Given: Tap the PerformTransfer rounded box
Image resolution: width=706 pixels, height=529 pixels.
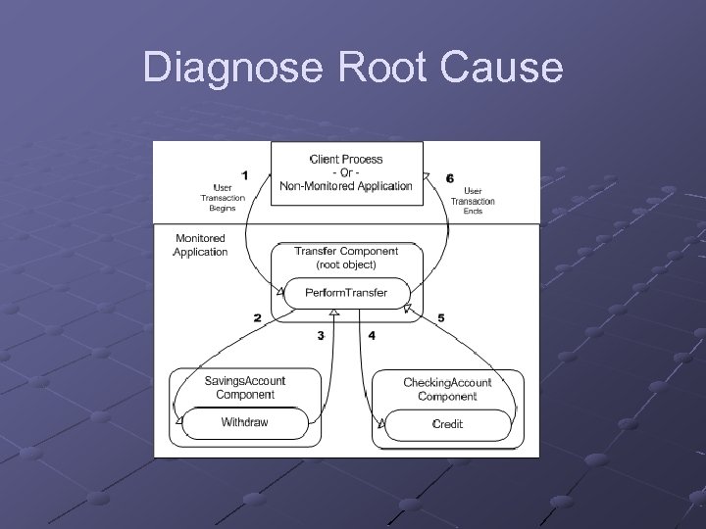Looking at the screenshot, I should pyautogui.click(x=345, y=293).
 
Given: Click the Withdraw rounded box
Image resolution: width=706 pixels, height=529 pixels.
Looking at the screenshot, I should pyautogui.click(x=244, y=423).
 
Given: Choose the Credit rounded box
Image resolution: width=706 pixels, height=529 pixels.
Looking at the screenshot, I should pyautogui.click(x=447, y=424).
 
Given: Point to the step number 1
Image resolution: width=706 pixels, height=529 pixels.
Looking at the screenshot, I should pyautogui.click(x=244, y=175).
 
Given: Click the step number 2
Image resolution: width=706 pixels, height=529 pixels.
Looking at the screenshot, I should pyautogui.click(x=257, y=318).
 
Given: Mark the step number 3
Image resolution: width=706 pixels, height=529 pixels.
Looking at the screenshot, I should pyautogui.click(x=320, y=336).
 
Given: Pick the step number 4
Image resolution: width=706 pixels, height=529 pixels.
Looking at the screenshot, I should pyautogui.click(x=371, y=336).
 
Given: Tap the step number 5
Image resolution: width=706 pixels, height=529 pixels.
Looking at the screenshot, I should pyautogui.click(x=440, y=318).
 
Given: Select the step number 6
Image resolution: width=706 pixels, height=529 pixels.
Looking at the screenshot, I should pyautogui.click(x=449, y=178).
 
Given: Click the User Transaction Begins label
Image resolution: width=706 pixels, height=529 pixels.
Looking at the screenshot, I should pyautogui.click(x=223, y=198).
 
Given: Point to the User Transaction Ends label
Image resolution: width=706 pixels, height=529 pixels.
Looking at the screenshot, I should pyautogui.click(x=473, y=201).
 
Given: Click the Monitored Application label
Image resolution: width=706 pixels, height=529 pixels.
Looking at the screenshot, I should pyautogui.click(x=200, y=245).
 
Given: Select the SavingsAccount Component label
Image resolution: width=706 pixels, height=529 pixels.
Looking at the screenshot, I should pyautogui.click(x=245, y=388).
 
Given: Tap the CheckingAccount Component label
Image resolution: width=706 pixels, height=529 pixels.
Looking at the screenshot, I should pyautogui.click(x=447, y=389).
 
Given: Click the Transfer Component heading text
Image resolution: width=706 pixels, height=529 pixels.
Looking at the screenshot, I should pyautogui.click(x=346, y=251).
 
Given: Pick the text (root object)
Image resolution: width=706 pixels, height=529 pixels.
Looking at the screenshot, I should pyautogui.click(x=345, y=264).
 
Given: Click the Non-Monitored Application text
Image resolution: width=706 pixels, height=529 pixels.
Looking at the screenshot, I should pyautogui.click(x=345, y=185).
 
